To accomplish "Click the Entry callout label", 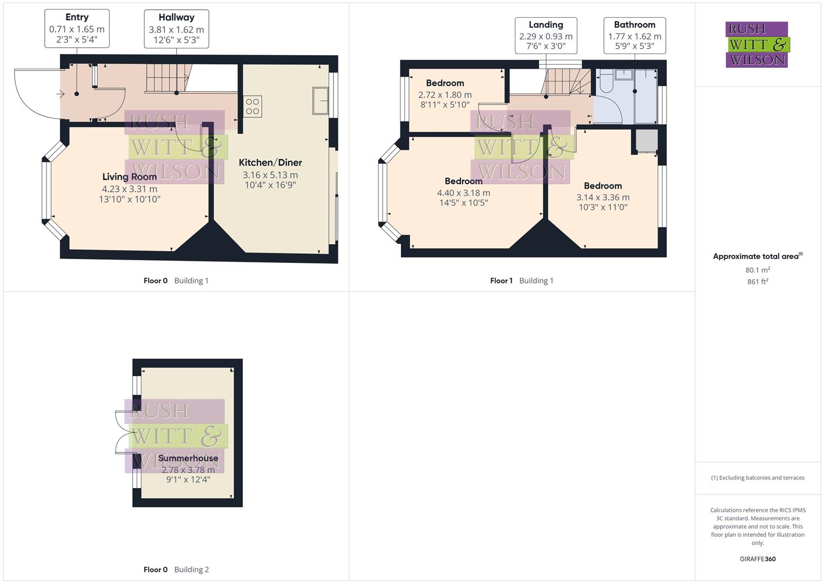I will pos(77,17).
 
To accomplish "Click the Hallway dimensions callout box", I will pos(176,29).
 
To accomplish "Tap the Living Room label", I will pos(130,177).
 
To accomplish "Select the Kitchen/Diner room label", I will pos(270,162).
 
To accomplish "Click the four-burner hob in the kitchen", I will pos(253,106).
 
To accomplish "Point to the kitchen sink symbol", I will pos(321,100).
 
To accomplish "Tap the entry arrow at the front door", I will pos(60,94).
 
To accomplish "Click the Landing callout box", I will pos(546,36).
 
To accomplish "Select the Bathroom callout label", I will pos(635,25).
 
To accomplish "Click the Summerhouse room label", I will pos(188,458).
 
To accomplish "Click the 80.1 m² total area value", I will pos(758,270).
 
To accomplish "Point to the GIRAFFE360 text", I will pos(758,559).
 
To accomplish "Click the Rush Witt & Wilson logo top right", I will pos(757,45).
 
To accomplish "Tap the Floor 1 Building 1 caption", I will pos(521,281).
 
